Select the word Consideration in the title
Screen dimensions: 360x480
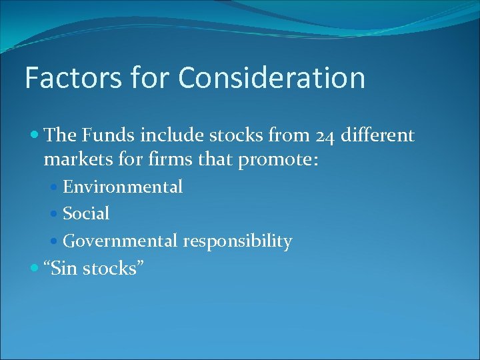[x=271, y=78]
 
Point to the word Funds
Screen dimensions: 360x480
[x=106, y=136]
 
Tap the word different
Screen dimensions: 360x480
[x=377, y=136]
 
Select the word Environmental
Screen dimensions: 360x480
[x=122, y=187]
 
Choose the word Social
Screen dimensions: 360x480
[x=86, y=214]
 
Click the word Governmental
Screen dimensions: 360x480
[x=119, y=241]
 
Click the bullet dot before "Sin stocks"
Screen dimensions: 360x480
[x=35, y=269]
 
